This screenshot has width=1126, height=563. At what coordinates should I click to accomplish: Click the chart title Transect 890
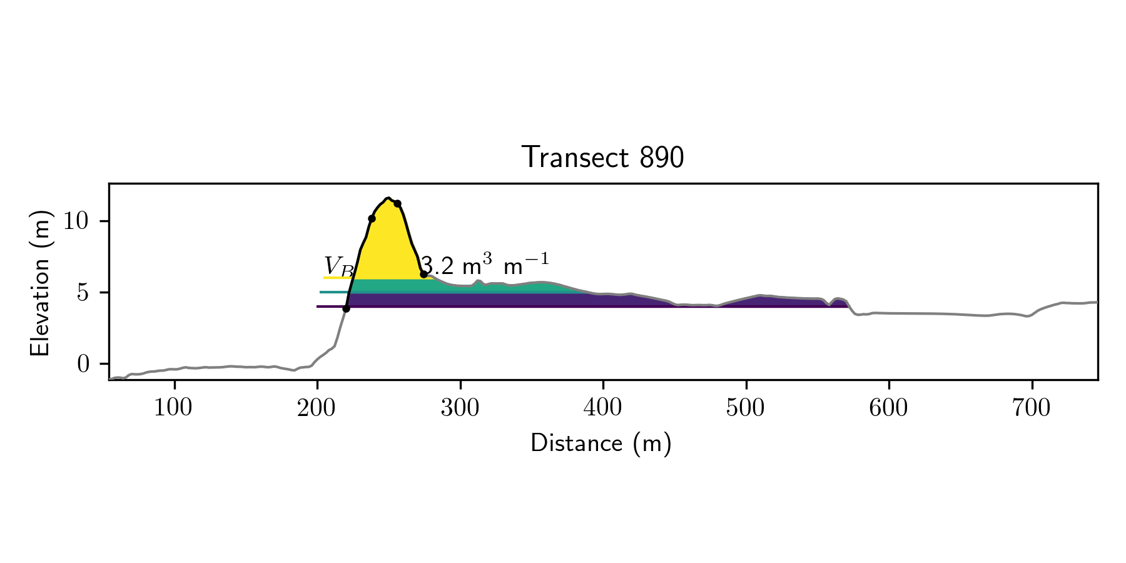602,158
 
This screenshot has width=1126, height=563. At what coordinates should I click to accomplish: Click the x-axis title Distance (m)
601,444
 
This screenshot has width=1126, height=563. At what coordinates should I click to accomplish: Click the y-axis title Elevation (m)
40,283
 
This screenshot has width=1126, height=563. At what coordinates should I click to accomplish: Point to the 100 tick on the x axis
174,408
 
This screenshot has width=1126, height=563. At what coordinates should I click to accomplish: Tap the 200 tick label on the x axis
317,408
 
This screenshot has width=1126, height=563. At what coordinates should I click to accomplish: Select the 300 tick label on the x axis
460,408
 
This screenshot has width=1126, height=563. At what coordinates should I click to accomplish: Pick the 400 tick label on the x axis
603,408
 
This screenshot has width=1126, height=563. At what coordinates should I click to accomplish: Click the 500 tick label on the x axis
746,408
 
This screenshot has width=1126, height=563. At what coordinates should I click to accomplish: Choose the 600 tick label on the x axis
888,408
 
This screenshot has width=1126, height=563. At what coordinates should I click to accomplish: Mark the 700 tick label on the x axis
1032,408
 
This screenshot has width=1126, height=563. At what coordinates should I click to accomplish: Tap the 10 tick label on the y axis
78,221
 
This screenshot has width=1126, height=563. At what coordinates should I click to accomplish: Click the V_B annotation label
338,266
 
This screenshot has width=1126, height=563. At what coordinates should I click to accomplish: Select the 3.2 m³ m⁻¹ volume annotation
485,265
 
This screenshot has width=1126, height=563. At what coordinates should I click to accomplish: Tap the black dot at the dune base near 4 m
346,308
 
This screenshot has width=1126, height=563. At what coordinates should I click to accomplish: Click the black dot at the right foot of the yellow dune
424,274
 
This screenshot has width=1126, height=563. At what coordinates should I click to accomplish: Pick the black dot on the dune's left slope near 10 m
372,218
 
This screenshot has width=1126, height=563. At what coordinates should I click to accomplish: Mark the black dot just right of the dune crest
397,203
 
